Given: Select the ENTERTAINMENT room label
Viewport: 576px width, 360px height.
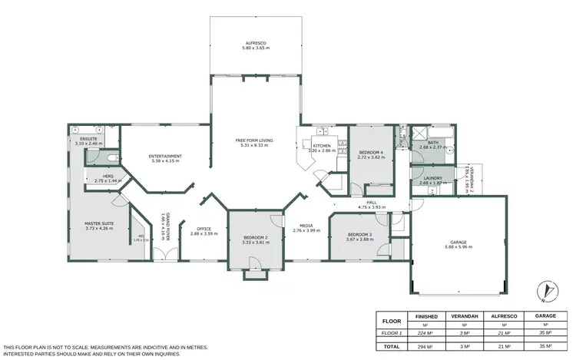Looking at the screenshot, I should [165, 157].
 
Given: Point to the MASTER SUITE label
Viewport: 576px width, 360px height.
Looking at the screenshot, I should [98, 223].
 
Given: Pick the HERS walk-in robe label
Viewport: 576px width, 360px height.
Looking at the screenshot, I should [108, 176].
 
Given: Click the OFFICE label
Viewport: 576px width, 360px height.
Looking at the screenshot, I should [204, 229].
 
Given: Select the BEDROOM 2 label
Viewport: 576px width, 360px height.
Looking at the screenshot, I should [255, 238].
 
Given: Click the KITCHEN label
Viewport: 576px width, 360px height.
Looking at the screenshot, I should [321, 146].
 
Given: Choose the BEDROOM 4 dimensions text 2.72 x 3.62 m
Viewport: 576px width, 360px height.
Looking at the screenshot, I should [372, 157].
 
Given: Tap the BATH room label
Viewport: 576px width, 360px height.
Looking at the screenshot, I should [432, 143].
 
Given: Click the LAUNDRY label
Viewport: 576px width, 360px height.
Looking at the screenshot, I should [432, 177].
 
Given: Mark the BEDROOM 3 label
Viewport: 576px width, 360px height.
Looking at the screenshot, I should [359, 234].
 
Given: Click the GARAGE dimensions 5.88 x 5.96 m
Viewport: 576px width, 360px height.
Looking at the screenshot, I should [458, 247].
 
